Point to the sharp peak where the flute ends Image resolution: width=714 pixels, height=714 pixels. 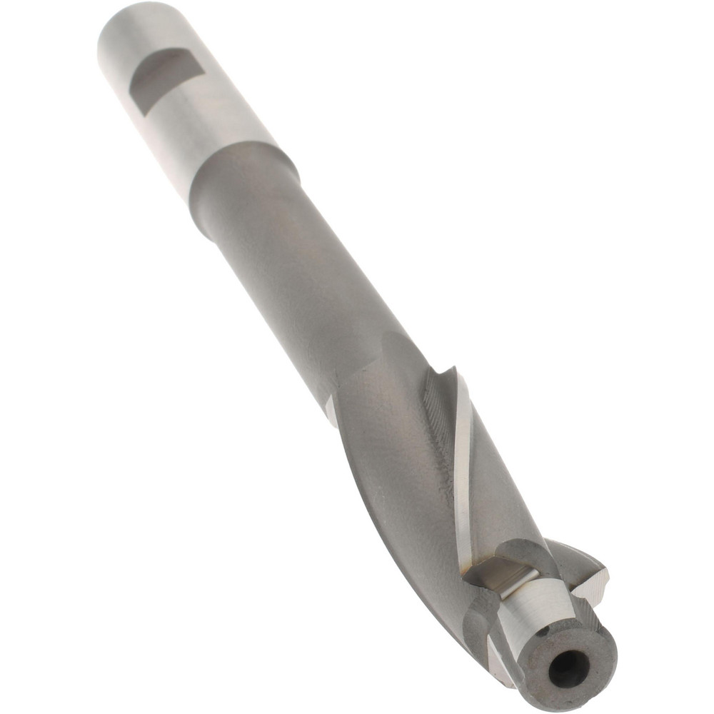[x=451, y=371]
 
